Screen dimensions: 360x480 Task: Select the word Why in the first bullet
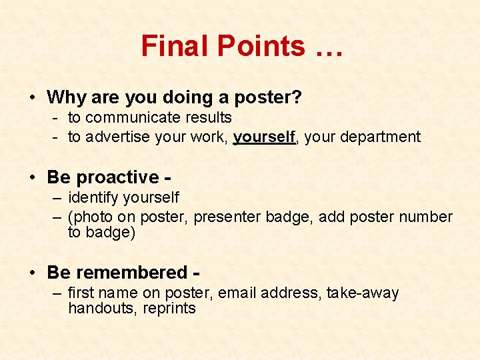(x=65, y=97)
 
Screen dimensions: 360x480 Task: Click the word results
(x=208, y=118)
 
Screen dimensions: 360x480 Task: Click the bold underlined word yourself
(x=264, y=137)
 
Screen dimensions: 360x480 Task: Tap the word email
(x=236, y=293)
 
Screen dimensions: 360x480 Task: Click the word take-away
(x=363, y=293)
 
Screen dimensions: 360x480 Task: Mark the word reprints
(x=169, y=309)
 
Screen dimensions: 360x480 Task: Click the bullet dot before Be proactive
(x=33, y=178)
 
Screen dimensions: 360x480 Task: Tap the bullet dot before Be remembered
(x=33, y=273)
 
